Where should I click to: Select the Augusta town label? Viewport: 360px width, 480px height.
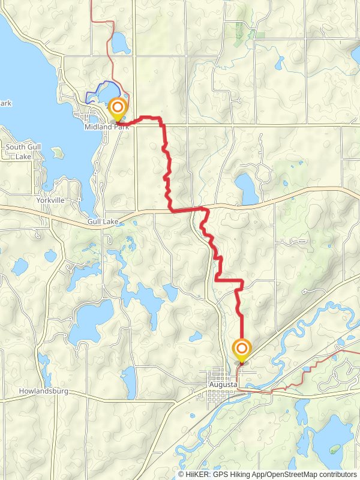pyautogui.click(x=221, y=383)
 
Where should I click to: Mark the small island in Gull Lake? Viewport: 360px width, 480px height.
pyautogui.click(x=58, y=152)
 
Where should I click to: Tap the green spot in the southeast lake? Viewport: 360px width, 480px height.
pyautogui.click(x=334, y=448)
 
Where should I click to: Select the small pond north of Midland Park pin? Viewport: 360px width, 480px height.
pyautogui.click(x=120, y=43)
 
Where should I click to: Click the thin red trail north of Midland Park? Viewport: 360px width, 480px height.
pyautogui.click(x=110, y=36)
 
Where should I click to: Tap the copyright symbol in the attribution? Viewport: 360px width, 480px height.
pyautogui.click(x=181, y=474)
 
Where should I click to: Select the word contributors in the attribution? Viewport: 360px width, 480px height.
pyautogui.click(x=337, y=474)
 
